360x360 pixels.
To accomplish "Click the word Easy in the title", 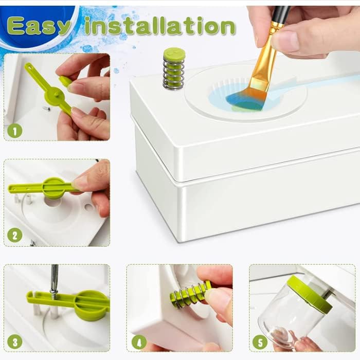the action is (x=39, y=26).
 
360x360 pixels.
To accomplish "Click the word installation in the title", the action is (x=160, y=26).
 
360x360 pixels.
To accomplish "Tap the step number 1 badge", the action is (x=15, y=131).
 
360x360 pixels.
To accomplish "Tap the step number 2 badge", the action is (x=15, y=236).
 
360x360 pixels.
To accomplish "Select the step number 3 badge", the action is (x=15, y=341).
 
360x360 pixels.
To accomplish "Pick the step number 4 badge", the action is (x=139, y=343).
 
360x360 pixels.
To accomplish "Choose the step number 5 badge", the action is (x=260, y=342).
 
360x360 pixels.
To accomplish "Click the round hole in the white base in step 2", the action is (x=53, y=202).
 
